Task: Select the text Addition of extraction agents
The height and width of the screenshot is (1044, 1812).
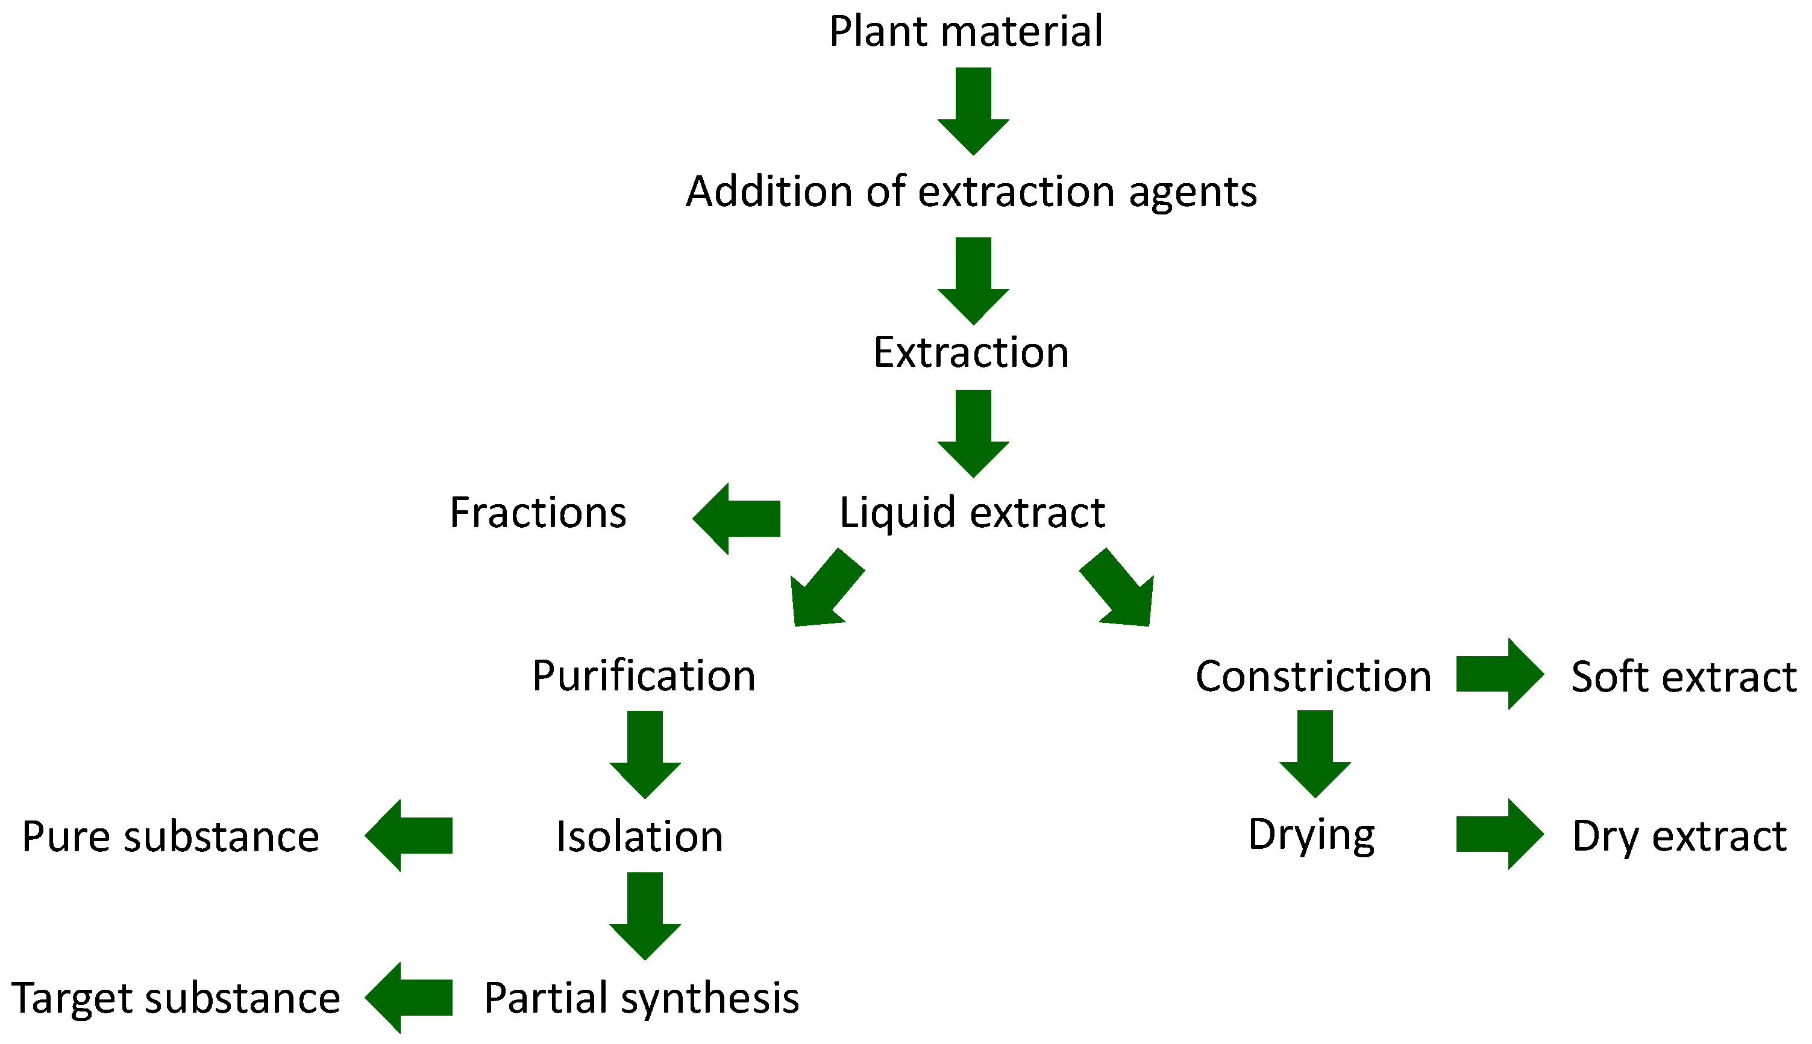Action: coord(971,192)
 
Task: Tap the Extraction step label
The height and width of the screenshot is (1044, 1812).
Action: coord(970,353)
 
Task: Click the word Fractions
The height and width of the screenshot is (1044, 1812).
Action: coord(538,513)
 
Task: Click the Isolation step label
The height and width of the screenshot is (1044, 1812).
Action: coord(639,837)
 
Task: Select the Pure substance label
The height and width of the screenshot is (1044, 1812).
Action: coord(170,837)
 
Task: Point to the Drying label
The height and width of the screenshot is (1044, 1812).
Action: coord(1311,836)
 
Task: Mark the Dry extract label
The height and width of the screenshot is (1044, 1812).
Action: coord(1679,836)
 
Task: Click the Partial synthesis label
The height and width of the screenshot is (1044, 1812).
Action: coord(641,998)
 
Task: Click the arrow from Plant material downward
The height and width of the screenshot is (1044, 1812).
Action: coord(973,108)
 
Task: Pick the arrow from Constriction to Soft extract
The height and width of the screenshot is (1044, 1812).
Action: coord(1499,674)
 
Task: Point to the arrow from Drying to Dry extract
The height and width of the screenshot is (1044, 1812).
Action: coord(1499,834)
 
